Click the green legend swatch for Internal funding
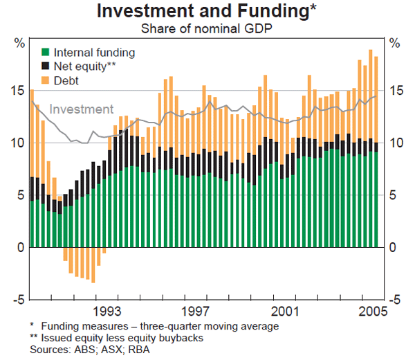click(45, 52)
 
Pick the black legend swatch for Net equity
click(45, 66)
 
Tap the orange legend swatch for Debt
click(45, 80)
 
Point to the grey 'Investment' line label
click(82, 109)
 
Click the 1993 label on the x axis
click(108, 310)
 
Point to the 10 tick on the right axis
click(395, 143)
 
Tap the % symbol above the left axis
click(19, 43)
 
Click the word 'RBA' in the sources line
click(138, 348)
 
